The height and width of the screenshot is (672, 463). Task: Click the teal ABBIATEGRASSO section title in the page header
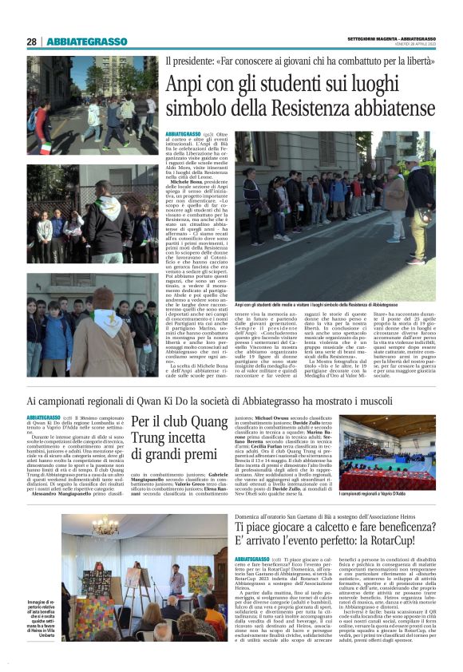(87, 42)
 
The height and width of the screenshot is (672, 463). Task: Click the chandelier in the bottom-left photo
(105, 527)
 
